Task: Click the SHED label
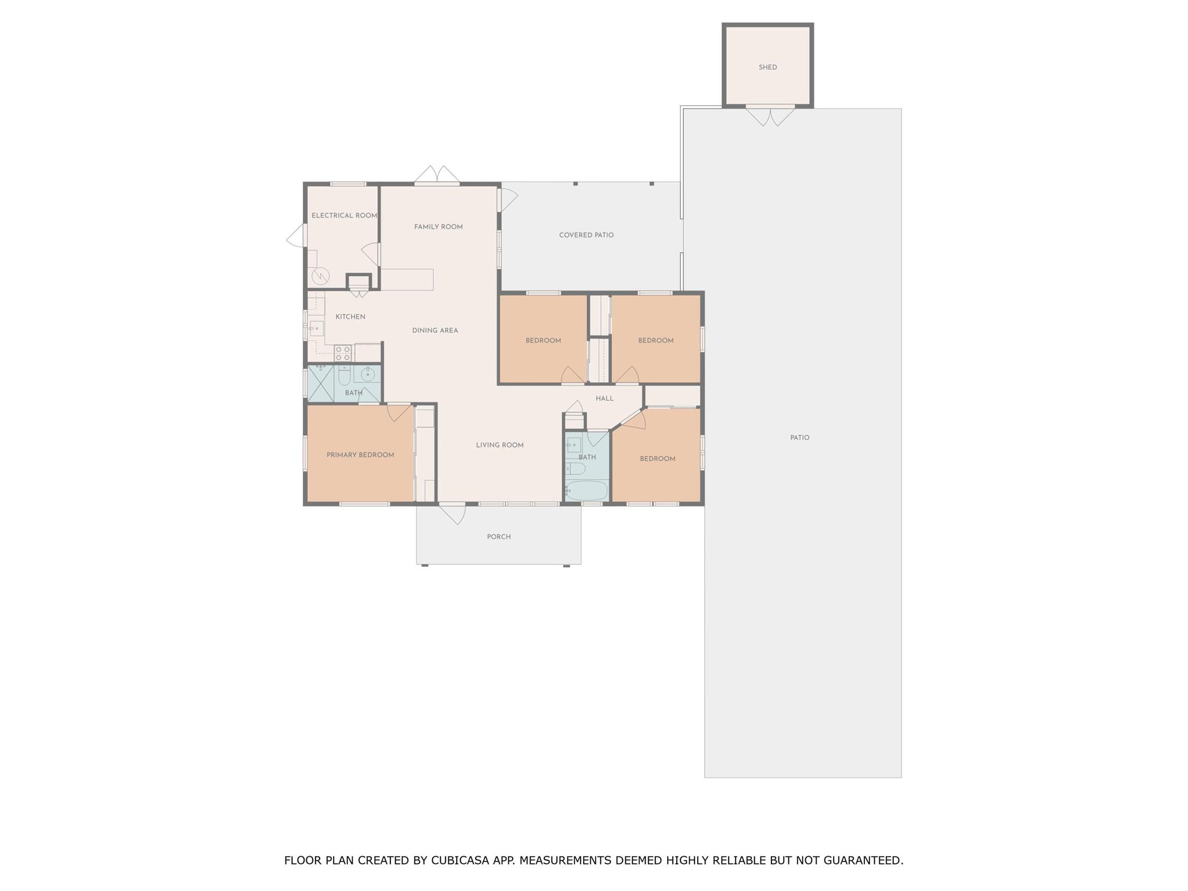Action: click(767, 67)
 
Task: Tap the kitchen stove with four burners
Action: click(343, 353)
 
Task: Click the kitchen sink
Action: click(316, 328)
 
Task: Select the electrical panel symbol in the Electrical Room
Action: click(320, 276)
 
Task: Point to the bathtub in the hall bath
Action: click(586, 491)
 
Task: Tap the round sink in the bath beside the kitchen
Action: click(367, 374)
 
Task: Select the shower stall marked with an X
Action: click(321, 383)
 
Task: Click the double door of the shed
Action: click(770, 115)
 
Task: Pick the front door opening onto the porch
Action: click(452, 513)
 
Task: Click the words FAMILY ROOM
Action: click(439, 227)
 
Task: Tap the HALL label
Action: click(604, 399)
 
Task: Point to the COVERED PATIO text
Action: click(586, 235)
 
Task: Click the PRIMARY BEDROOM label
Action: click(360, 455)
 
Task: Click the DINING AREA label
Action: click(435, 331)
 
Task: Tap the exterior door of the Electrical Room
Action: click(296, 236)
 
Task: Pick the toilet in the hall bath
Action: click(575, 468)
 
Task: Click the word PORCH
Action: click(499, 537)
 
